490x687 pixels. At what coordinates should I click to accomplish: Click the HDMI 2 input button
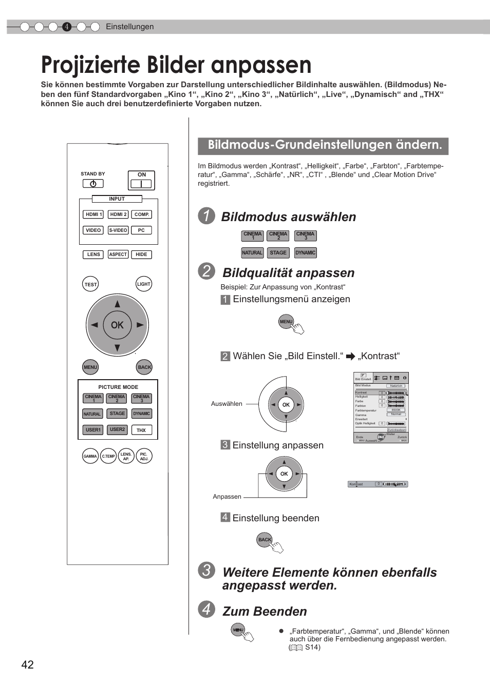tap(118, 214)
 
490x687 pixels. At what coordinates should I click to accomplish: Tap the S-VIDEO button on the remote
tap(118, 230)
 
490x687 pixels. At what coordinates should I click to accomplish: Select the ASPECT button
tap(118, 254)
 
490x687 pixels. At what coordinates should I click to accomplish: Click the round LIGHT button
tap(144, 284)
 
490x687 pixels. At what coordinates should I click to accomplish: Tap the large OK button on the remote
tap(117, 325)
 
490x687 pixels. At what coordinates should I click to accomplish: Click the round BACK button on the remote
tap(144, 367)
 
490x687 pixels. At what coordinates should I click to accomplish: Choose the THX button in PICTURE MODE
tap(141, 430)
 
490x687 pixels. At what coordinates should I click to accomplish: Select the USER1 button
tap(93, 430)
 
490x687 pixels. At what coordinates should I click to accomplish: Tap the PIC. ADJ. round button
tap(144, 456)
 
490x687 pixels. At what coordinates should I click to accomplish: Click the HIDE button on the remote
tap(141, 254)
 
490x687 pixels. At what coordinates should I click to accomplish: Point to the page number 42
tap(28, 665)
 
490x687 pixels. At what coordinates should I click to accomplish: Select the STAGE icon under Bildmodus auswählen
tap(278, 252)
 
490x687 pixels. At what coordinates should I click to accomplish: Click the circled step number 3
tap(206, 571)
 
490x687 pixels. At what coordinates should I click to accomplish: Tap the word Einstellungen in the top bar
tap(130, 27)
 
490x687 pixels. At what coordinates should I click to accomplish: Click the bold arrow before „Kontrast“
tap(351, 357)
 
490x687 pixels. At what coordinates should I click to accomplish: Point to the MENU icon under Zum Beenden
tap(238, 630)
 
